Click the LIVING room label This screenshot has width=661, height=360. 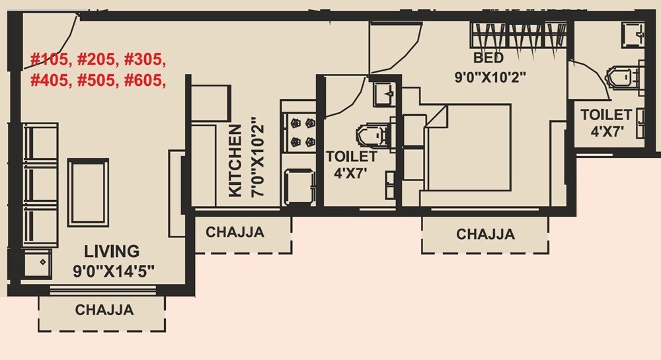tap(112, 251)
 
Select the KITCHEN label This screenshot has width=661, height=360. tap(235, 162)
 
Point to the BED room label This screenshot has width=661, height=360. tap(488, 58)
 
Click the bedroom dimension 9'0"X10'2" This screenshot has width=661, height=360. tap(489, 77)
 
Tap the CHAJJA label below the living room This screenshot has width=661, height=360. tap(104, 309)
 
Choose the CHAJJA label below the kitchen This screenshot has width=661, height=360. tap(235, 233)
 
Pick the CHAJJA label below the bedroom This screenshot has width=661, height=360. tap(485, 234)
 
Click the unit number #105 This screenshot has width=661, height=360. tap(50, 60)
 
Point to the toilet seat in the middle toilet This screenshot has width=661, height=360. tap(372, 135)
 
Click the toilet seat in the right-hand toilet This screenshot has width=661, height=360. tap(623, 77)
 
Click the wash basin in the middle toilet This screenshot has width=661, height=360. tap(383, 94)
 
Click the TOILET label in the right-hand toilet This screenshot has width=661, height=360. tap(606, 114)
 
